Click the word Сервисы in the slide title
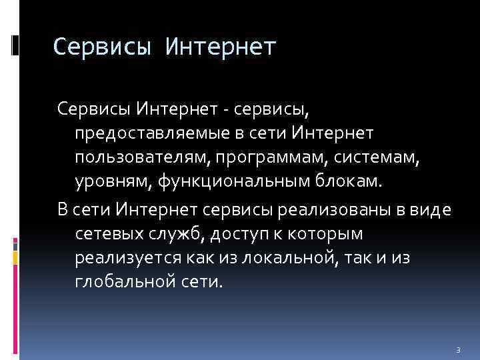pyautogui.click(x=97, y=47)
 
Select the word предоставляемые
pyautogui.click(x=154, y=134)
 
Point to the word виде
pyautogui.click(x=433, y=209)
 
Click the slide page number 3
pyautogui.click(x=458, y=349)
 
